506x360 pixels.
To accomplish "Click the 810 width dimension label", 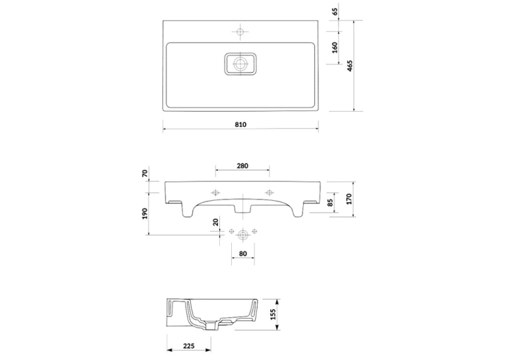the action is (x=240, y=124).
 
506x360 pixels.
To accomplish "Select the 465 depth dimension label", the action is (x=350, y=66).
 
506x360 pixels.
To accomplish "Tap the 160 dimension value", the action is (x=335, y=48).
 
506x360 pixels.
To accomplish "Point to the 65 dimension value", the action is (x=335, y=12).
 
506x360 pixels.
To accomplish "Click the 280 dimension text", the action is (x=242, y=166).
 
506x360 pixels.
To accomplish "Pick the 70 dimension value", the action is (x=145, y=173).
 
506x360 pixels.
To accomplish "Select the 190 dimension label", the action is (x=145, y=213).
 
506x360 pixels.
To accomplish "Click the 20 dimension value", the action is (x=216, y=222).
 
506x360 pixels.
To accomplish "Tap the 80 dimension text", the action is (x=243, y=254).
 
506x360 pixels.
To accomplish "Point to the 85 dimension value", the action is (x=330, y=203).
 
